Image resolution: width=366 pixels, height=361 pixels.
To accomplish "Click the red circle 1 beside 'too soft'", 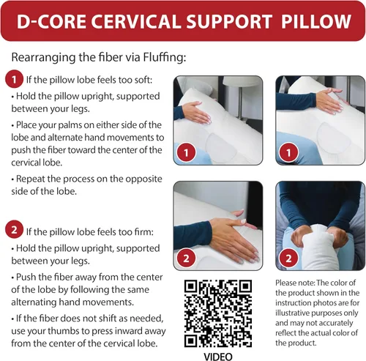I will [x=13, y=78].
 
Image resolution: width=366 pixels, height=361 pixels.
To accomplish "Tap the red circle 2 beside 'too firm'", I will [x=13, y=231].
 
